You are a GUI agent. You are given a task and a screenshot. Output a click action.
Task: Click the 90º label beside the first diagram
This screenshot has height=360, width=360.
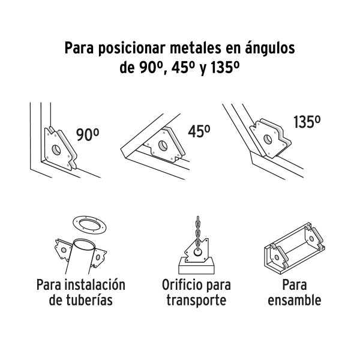point(87,136)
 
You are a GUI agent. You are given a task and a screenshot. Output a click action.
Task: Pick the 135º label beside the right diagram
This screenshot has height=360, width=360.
point(307,121)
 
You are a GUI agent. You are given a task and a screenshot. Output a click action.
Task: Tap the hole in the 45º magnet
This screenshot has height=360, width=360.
point(162,145)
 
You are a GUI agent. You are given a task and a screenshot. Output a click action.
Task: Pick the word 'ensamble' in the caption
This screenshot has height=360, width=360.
point(295,299)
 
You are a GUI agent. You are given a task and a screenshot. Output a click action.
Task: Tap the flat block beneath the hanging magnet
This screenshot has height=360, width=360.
point(196,264)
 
